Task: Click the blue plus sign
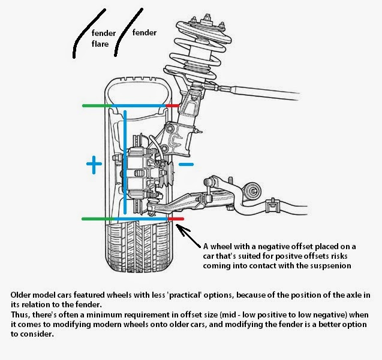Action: tap(93, 164)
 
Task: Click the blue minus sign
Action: tap(187, 164)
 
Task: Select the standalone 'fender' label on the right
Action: tap(144, 33)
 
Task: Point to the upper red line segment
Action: tap(173, 106)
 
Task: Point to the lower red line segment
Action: tap(175, 219)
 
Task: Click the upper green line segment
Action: tap(97, 106)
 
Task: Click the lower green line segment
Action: tap(97, 219)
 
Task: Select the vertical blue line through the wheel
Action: tap(127, 162)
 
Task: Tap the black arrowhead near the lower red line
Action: tap(182, 228)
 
